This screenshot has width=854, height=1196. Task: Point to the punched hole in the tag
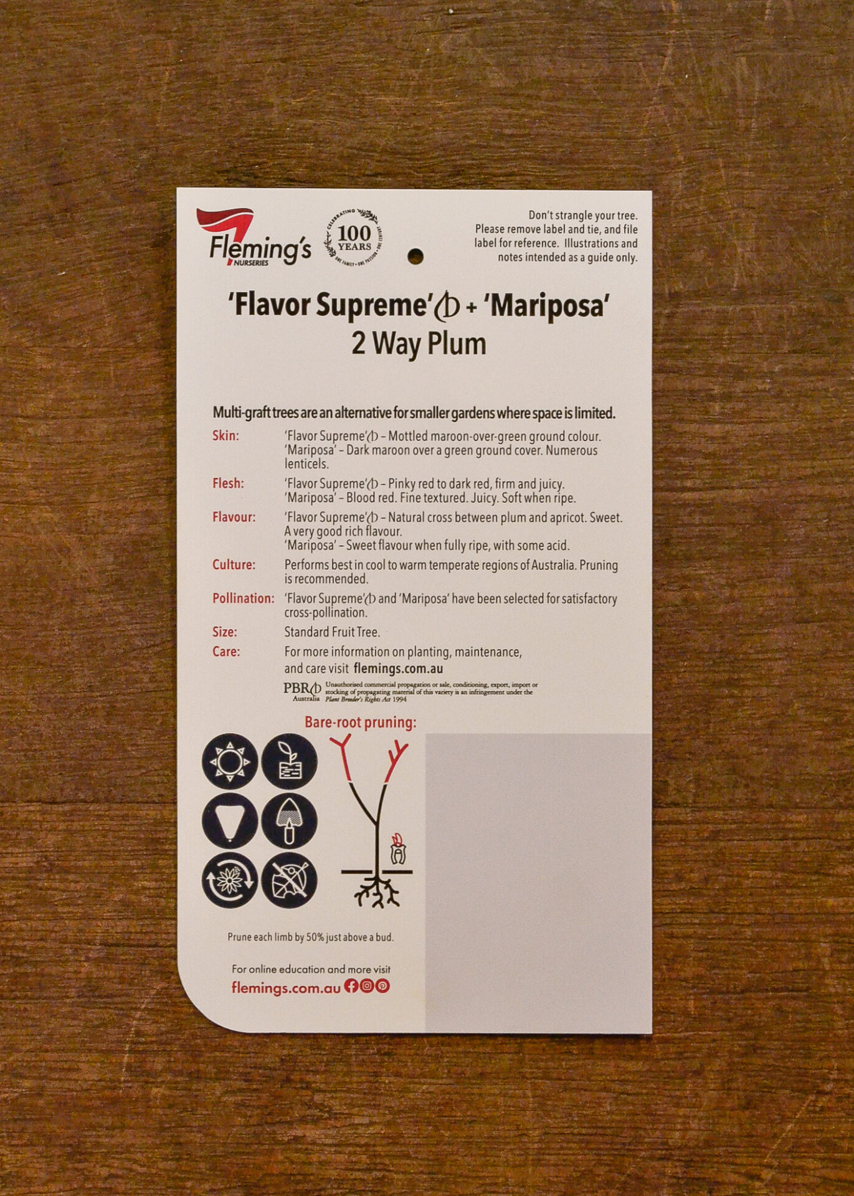click(415, 256)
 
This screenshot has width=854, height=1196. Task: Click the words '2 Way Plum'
click(419, 344)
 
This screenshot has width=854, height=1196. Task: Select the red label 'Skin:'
click(225, 436)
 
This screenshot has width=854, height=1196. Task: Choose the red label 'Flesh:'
click(228, 483)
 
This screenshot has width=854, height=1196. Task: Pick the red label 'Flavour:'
click(234, 517)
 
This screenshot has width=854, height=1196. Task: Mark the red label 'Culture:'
click(234, 565)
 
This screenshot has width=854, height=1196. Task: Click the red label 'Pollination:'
click(243, 599)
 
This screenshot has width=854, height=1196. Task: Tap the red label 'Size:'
click(225, 632)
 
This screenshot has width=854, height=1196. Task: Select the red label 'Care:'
click(226, 652)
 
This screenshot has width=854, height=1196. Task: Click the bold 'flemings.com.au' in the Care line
click(398, 669)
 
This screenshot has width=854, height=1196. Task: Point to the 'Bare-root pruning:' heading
click(361, 723)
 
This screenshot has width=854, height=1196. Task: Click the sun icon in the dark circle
click(230, 761)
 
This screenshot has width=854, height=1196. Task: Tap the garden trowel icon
click(289, 821)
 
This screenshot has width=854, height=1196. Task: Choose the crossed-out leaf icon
click(289, 880)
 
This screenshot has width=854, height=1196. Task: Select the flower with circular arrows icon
click(230, 880)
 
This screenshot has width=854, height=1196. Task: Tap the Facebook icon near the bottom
click(351, 985)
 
